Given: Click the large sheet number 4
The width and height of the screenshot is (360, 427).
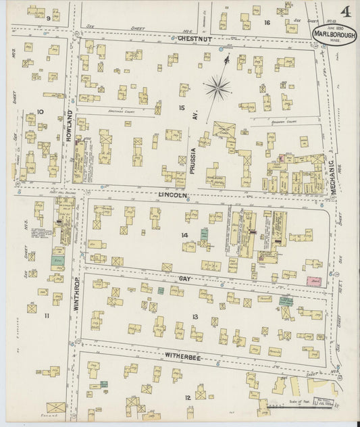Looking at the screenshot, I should click(345, 12).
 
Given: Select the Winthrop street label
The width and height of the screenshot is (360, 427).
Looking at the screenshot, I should click(74, 295).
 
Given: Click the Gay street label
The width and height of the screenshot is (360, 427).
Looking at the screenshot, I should click(186, 278).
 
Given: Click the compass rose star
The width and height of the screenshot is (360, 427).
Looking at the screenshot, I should click(217, 86).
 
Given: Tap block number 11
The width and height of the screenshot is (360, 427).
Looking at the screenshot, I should click(47, 316).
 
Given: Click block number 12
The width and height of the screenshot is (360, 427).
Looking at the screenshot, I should click(187, 397).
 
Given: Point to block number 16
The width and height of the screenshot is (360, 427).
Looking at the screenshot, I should click(267, 22).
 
